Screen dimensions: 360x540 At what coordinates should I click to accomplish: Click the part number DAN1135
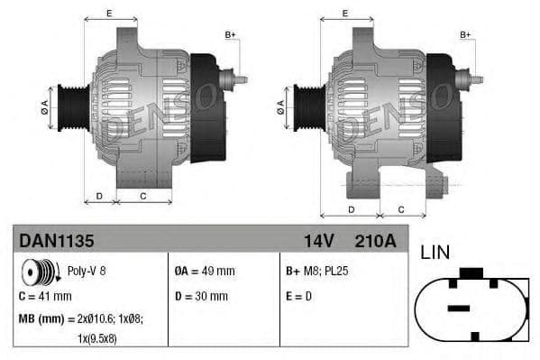[x=56, y=241]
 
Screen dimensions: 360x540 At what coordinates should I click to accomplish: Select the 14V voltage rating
[x=320, y=241]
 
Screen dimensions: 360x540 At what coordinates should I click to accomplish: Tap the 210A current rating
[x=376, y=241]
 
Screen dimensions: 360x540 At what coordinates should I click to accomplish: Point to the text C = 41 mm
[x=45, y=296]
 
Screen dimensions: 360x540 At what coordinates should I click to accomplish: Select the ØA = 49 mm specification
[x=204, y=271]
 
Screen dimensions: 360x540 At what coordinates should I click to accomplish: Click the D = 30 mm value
[x=202, y=296]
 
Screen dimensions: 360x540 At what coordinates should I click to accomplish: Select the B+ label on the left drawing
[x=230, y=34]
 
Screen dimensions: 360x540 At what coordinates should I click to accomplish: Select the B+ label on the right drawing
[x=466, y=34]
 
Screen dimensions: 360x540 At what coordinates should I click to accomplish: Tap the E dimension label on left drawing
[x=109, y=13]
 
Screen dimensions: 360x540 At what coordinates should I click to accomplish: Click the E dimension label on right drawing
[x=345, y=13]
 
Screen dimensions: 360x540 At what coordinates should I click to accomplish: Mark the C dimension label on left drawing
[x=143, y=195]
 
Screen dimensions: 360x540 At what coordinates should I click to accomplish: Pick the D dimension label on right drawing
[x=351, y=209]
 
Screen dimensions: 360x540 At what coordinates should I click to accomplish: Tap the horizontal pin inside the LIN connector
[x=459, y=309]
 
